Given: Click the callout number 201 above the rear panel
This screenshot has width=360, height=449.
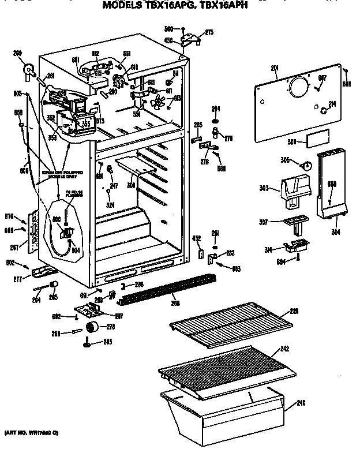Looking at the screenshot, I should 275,69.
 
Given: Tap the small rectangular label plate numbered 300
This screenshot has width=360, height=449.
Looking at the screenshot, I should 318,140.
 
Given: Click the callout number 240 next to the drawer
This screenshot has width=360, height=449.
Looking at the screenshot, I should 301,402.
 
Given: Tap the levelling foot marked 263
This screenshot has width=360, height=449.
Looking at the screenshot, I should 88,345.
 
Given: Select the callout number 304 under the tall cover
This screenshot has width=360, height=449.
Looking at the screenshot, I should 335,233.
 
